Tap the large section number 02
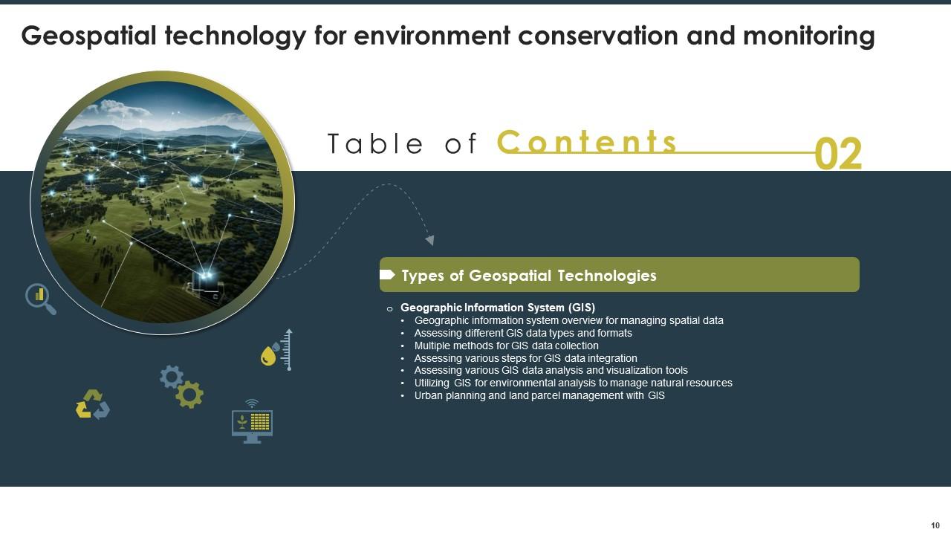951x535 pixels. (x=838, y=155)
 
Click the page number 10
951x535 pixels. (x=935, y=525)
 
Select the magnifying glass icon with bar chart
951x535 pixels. (x=40, y=298)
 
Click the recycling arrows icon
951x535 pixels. (x=93, y=404)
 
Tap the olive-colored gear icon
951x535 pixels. (x=189, y=395)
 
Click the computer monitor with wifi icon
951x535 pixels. (x=252, y=422)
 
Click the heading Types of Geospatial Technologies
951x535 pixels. (x=528, y=276)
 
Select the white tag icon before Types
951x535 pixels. (x=387, y=276)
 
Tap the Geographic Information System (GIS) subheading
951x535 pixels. (x=497, y=307)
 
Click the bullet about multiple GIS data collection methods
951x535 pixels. (x=506, y=346)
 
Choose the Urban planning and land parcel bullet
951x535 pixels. (x=539, y=395)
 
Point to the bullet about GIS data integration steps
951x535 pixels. (x=525, y=358)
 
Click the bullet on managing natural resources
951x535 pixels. (x=573, y=383)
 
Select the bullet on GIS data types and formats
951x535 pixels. (x=522, y=333)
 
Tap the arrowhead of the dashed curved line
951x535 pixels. (x=429, y=240)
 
